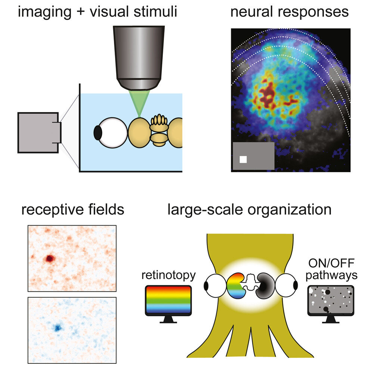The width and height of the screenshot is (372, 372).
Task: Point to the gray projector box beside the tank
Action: tap(37, 133)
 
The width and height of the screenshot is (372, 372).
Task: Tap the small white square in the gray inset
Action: tap(243, 159)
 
